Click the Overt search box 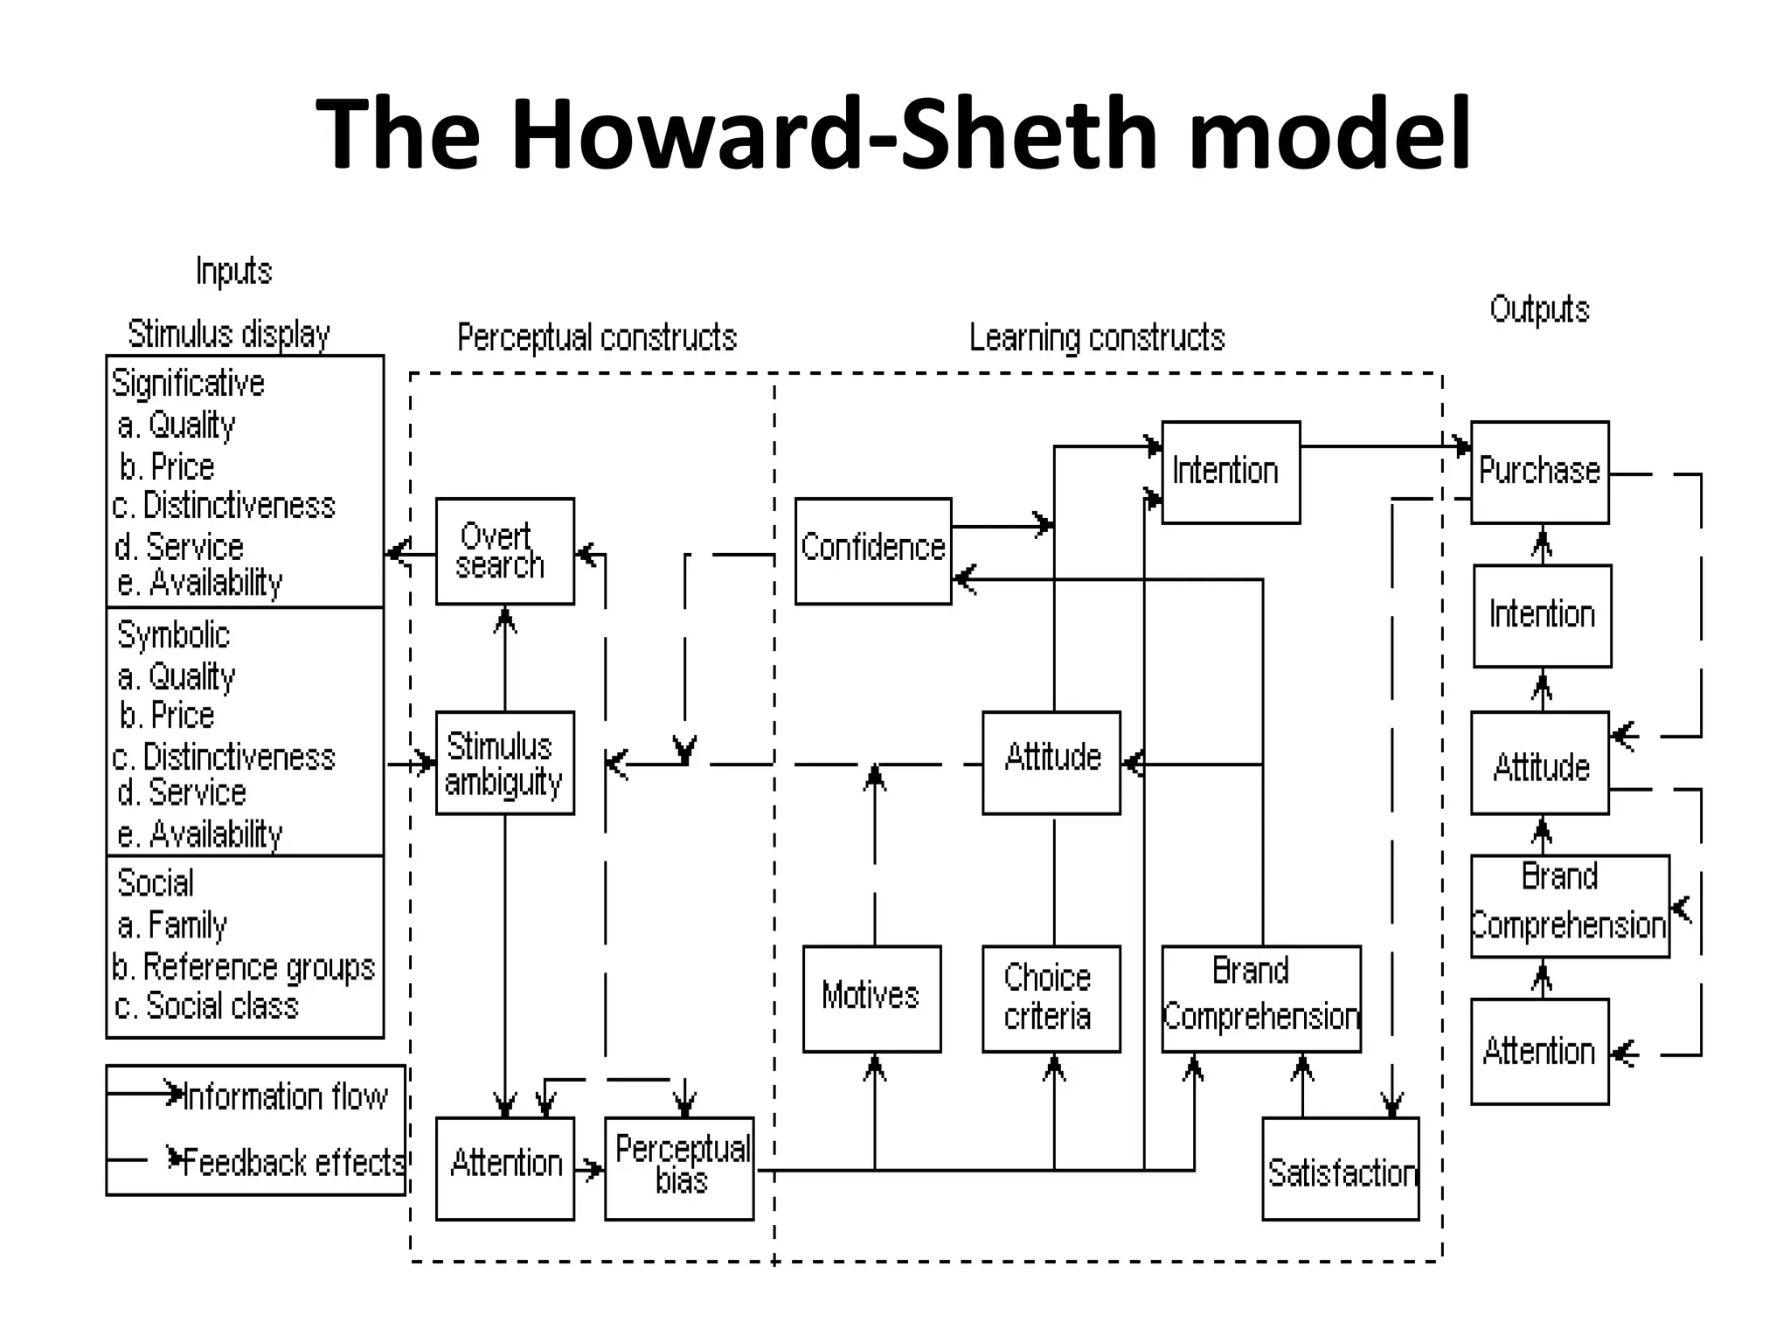tap(504, 550)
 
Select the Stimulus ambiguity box tap(504, 763)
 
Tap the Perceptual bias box tap(679, 1167)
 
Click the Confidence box tap(872, 550)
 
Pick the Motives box tap(871, 998)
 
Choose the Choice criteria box tap(1051, 998)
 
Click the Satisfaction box tap(1340, 1168)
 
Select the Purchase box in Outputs tap(1539, 472)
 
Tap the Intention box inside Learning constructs tap(1230, 472)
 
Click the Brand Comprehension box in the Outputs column tap(1569, 905)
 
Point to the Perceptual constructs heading tap(597, 338)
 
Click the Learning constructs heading tap(1097, 338)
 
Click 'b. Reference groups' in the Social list tap(244, 967)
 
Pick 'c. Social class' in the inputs tap(207, 1006)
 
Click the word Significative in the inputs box tap(188, 384)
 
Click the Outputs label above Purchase tap(1538, 310)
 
